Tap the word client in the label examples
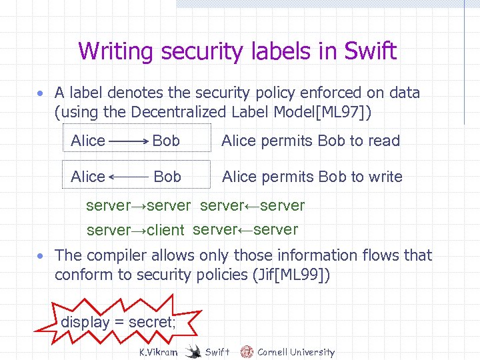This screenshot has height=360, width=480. point(165,231)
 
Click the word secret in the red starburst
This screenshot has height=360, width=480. point(153,323)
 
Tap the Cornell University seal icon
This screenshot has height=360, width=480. point(247,351)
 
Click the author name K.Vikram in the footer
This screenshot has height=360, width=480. point(157,352)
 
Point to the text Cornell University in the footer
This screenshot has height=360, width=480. point(296,352)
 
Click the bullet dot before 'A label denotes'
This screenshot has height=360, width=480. point(41,94)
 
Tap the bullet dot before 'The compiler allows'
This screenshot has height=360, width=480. point(41,257)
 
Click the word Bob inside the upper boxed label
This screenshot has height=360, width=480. point(166,141)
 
